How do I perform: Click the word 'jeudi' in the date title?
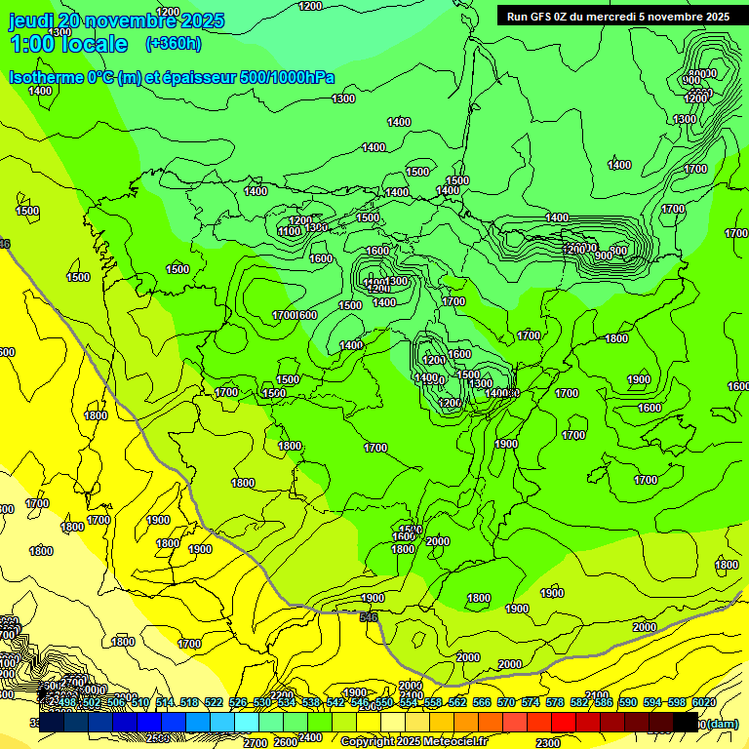(30, 20)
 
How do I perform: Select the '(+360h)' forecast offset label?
(174, 44)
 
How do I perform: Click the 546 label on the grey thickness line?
(368, 617)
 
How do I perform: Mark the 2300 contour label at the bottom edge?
(548, 743)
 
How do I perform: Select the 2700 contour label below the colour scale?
(256, 743)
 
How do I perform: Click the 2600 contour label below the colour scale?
(286, 743)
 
